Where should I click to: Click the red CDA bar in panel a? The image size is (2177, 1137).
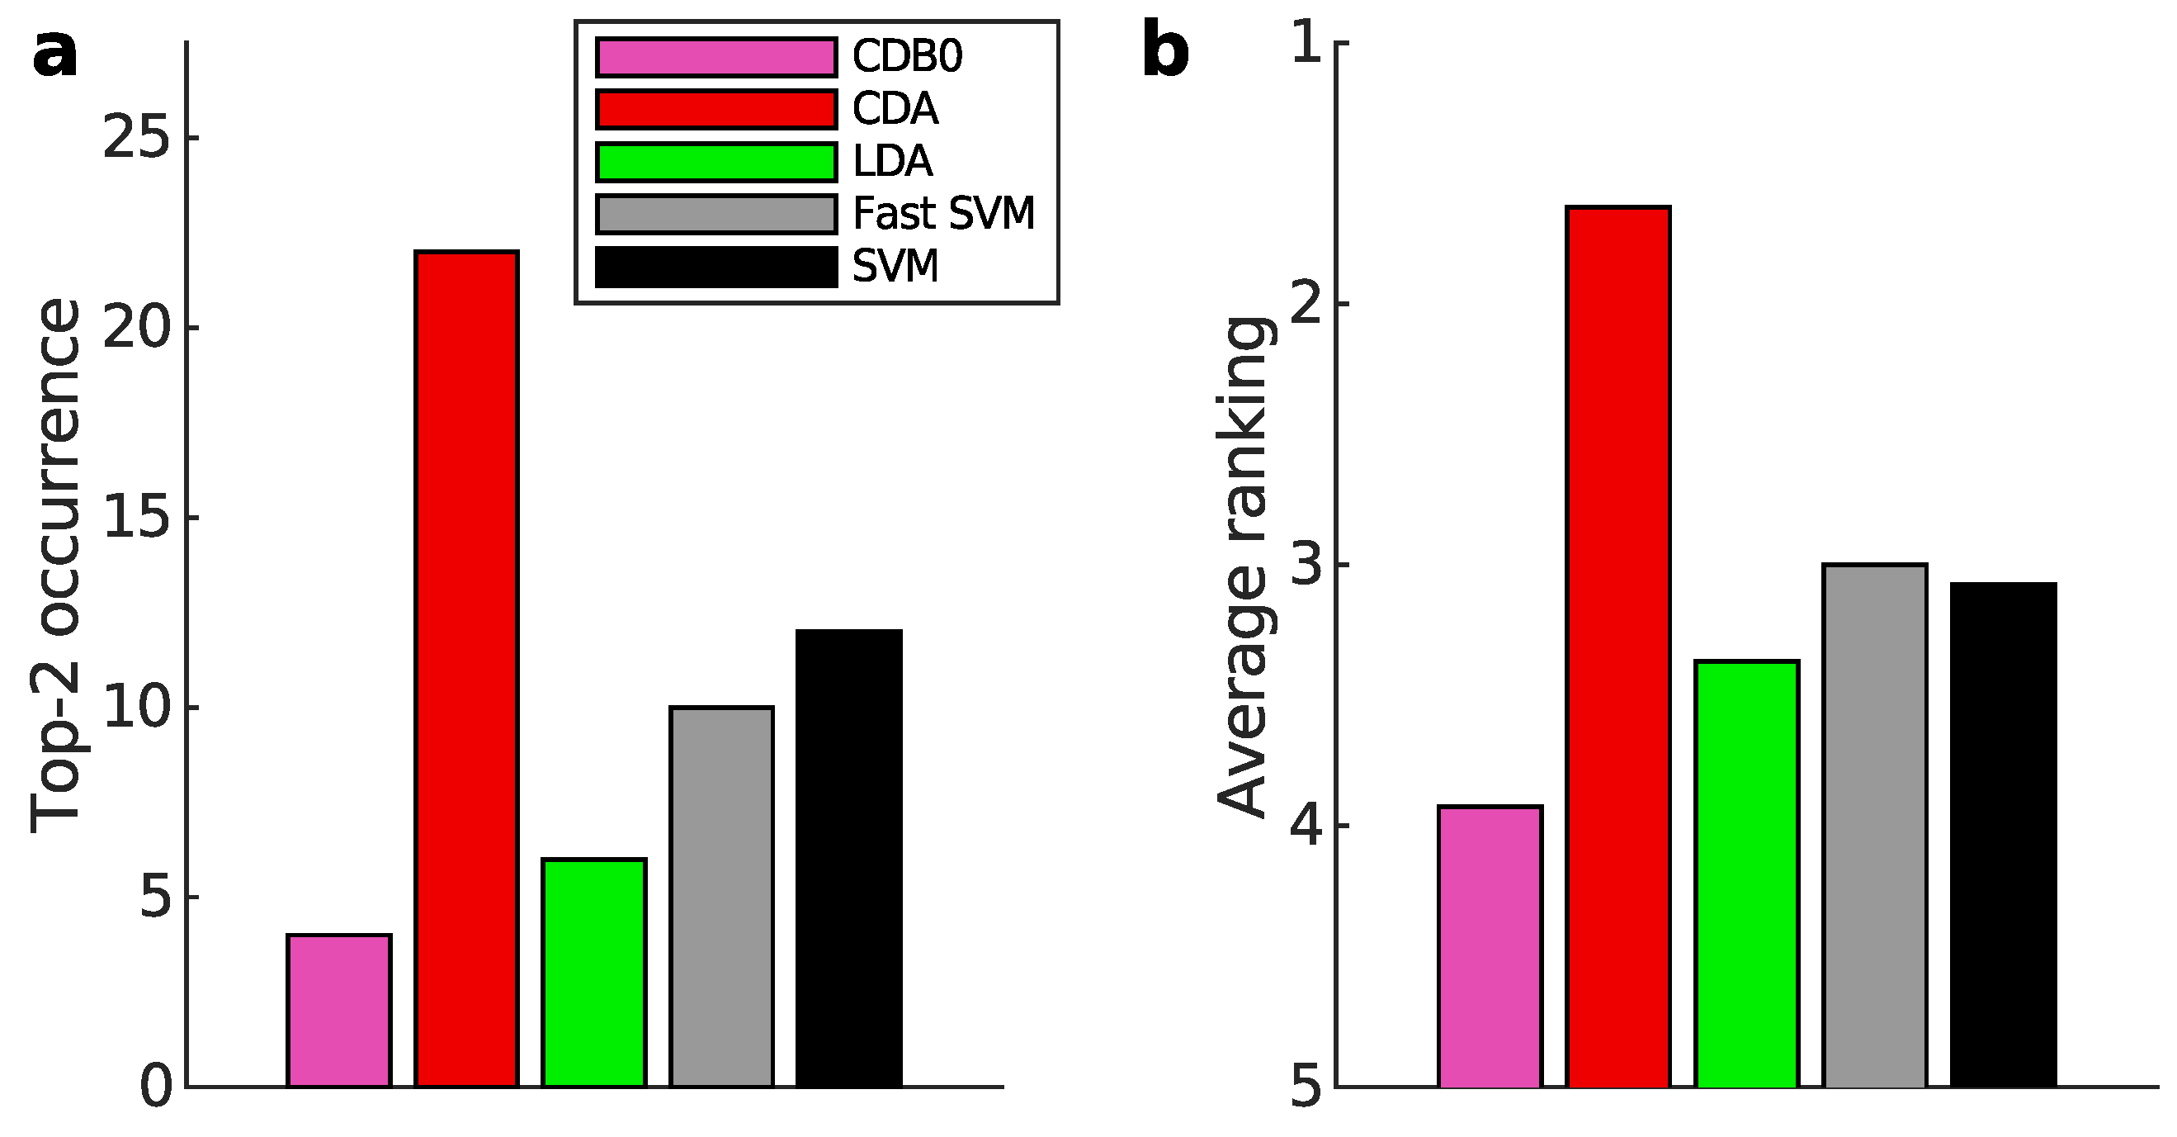(x=466, y=668)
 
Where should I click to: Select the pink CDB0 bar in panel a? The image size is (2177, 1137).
(x=339, y=1009)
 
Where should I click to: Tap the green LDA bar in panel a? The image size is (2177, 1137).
(x=594, y=972)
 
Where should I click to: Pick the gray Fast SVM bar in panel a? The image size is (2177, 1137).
(x=722, y=896)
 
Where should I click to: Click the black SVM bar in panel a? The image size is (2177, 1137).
(x=849, y=857)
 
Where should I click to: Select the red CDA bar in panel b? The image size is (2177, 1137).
(x=1618, y=646)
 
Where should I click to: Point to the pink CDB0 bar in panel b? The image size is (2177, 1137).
(x=1490, y=946)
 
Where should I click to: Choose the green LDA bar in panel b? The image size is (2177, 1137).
(x=1747, y=874)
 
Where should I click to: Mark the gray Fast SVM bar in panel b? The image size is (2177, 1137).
(x=1875, y=825)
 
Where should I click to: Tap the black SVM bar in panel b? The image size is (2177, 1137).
(x=2004, y=834)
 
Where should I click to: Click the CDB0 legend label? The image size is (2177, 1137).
(x=907, y=57)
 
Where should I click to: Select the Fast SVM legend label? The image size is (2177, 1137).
(x=943, y=213)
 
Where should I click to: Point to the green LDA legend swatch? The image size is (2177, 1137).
(x=715, y=163)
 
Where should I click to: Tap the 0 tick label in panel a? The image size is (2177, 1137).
(x=156, y=1087)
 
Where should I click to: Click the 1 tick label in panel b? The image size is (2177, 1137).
(x=1306, y=42)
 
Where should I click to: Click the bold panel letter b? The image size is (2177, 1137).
(x=1165, y=50)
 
